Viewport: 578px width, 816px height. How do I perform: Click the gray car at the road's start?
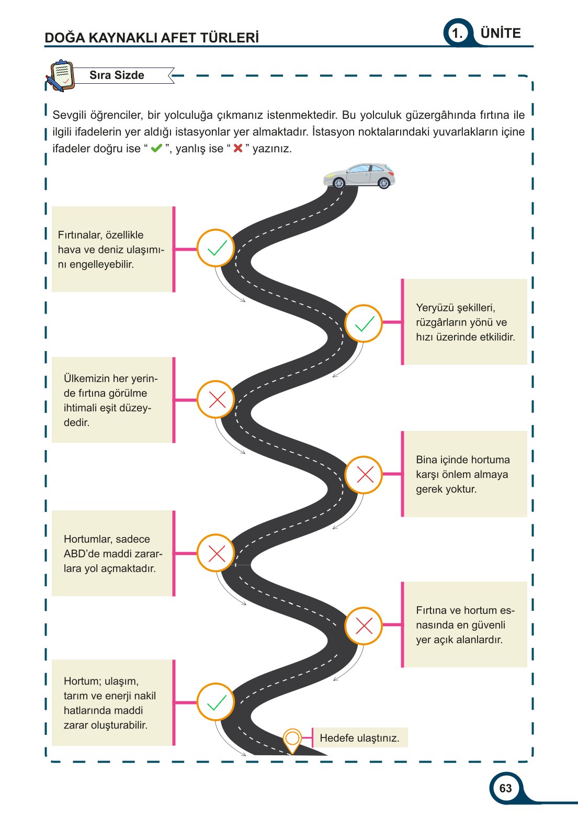point(359,175)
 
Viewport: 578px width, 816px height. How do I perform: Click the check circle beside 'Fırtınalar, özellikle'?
point(216,248)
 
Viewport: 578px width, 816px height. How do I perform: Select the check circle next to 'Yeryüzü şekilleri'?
point(364,323)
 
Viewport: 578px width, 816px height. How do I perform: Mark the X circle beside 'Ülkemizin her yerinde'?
point(216,400)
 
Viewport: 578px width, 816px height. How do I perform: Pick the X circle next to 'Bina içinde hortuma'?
point(364,475)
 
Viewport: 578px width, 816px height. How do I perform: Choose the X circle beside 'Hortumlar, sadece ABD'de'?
point(216,553)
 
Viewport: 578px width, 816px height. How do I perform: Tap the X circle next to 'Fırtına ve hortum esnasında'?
point(364,625)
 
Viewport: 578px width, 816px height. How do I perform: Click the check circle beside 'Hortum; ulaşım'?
point(216,702)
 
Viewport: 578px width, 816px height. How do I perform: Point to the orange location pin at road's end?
point(292,739)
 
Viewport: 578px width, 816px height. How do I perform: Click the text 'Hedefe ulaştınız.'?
point(359,738)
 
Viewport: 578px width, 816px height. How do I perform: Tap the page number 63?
point(505,788)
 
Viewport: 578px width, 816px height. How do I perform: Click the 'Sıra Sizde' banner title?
point(117,75)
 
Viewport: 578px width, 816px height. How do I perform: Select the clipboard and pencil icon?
point(60,76)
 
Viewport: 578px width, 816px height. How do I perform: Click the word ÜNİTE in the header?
point(501,33)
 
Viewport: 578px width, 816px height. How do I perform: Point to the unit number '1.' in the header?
point(458,34)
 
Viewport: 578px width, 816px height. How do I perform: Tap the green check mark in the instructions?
point(156,148)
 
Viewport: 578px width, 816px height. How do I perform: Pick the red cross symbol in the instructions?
point(238,148)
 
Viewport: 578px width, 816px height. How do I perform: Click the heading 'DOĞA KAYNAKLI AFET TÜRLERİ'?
point(152,38)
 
